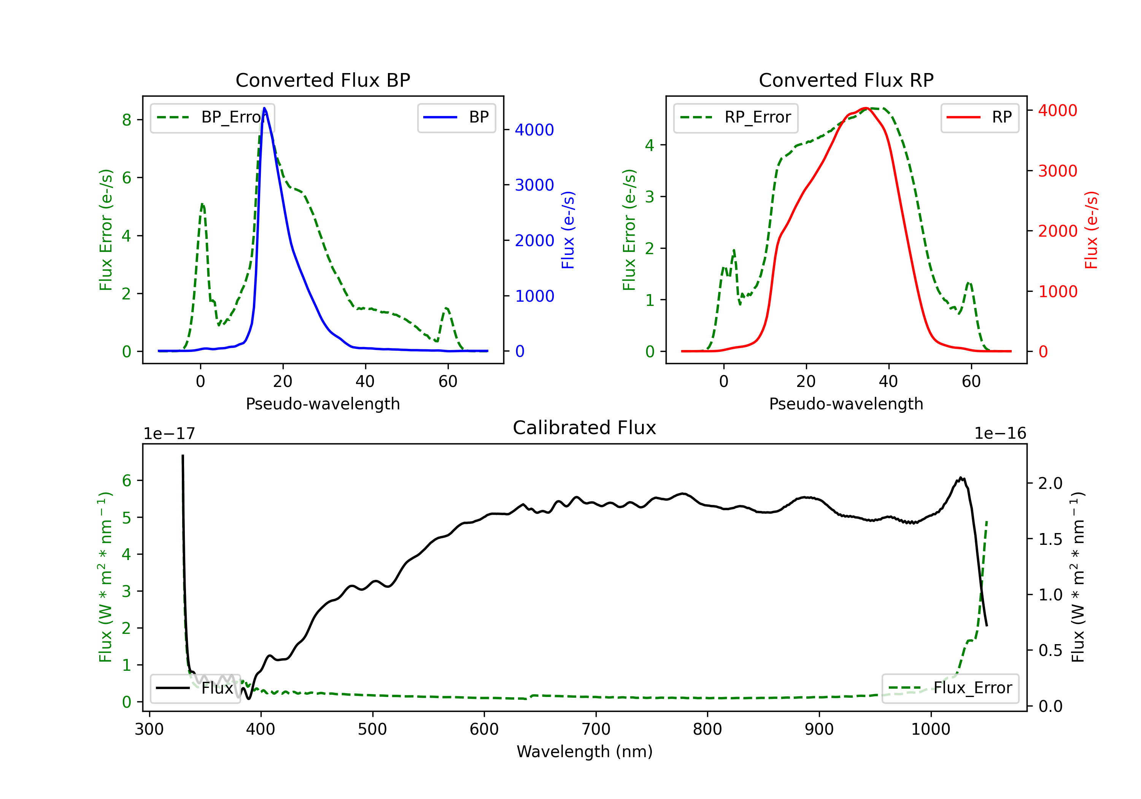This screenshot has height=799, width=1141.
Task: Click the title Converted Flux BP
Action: [323, 80]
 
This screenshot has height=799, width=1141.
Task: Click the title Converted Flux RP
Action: [846, 80]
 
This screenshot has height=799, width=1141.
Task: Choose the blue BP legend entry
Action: [456, 117]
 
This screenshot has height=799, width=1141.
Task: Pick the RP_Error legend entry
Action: [736, 117]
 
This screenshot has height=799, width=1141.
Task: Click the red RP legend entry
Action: [979, 117]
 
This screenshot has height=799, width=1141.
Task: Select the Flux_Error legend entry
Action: [950, 688]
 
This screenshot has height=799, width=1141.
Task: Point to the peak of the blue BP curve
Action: [264, 108]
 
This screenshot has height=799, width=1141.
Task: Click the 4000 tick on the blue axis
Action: [534, 130]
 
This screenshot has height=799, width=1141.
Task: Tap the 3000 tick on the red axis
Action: [1057, 171]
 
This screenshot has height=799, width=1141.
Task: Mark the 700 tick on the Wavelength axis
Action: [596, 729]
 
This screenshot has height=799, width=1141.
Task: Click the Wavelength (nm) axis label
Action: [585, 751]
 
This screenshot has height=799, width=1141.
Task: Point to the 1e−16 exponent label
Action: [1000, 434]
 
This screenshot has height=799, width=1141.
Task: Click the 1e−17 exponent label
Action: [169, 434]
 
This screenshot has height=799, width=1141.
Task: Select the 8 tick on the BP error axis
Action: [127, 120]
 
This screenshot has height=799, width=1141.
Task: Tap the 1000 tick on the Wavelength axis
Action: [930, 729]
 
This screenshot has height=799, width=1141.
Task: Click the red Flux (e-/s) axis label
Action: [1091, 230]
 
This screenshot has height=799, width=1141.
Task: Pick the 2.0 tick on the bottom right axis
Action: [1050, 483]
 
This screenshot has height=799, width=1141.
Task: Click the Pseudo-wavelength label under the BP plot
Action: [323, 404]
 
